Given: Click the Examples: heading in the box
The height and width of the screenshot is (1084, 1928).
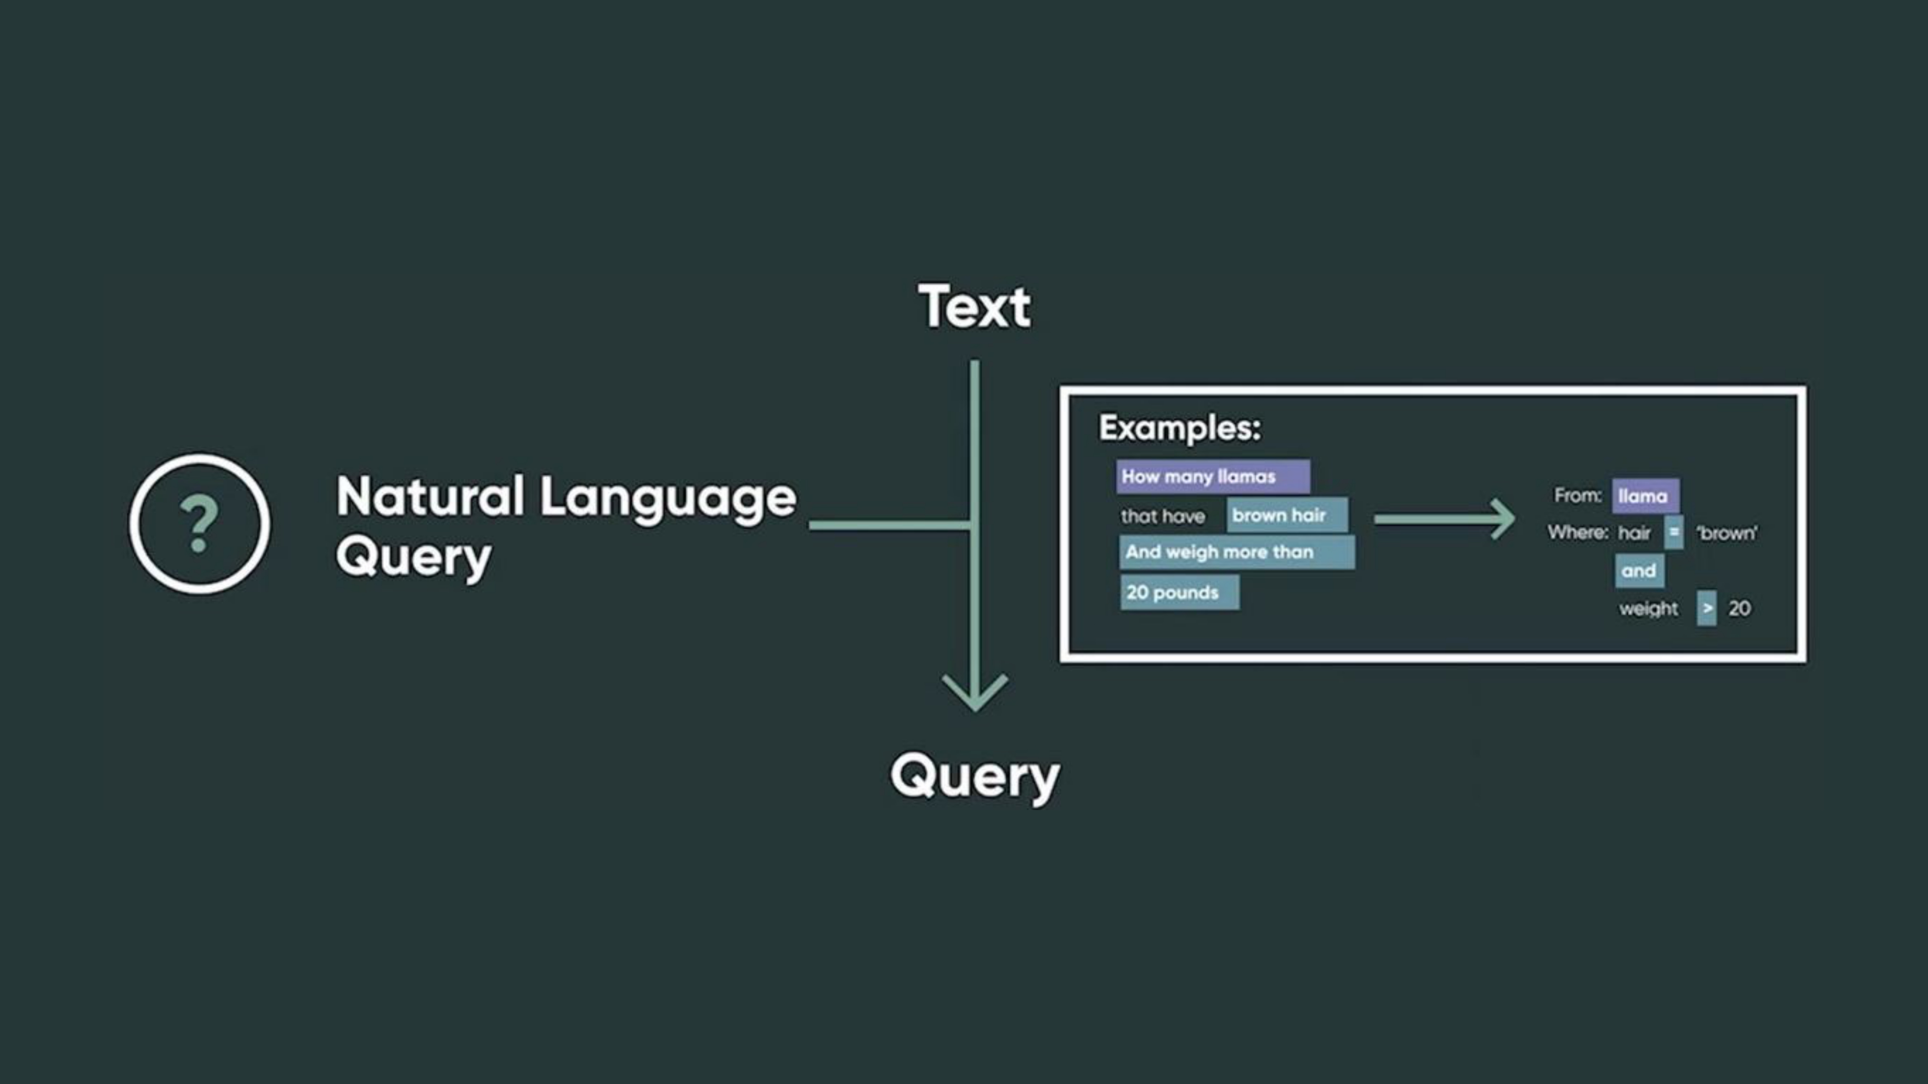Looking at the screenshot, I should pos(1179,428).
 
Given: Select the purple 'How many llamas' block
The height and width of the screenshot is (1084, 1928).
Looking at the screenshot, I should pos(1212,477).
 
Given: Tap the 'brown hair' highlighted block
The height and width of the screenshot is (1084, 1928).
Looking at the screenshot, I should pos(1286,516).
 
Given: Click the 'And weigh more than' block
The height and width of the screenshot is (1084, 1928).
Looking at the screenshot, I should pos(1237,552).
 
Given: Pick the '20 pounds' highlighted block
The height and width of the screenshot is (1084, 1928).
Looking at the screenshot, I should pos(1179,593).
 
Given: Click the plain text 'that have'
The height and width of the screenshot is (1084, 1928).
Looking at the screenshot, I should pos(1162,516).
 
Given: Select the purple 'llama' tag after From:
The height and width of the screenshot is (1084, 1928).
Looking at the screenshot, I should pos(1645,496).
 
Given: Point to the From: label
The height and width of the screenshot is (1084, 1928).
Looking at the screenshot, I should pos(1577,495).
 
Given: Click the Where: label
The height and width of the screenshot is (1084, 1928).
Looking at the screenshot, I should pos(1577,533).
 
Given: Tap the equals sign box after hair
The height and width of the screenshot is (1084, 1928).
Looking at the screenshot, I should pos(1674,533).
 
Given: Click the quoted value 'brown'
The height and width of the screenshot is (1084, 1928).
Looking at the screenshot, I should pos(1727,533).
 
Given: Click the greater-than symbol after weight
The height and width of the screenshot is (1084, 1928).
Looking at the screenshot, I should pos(1706,608).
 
